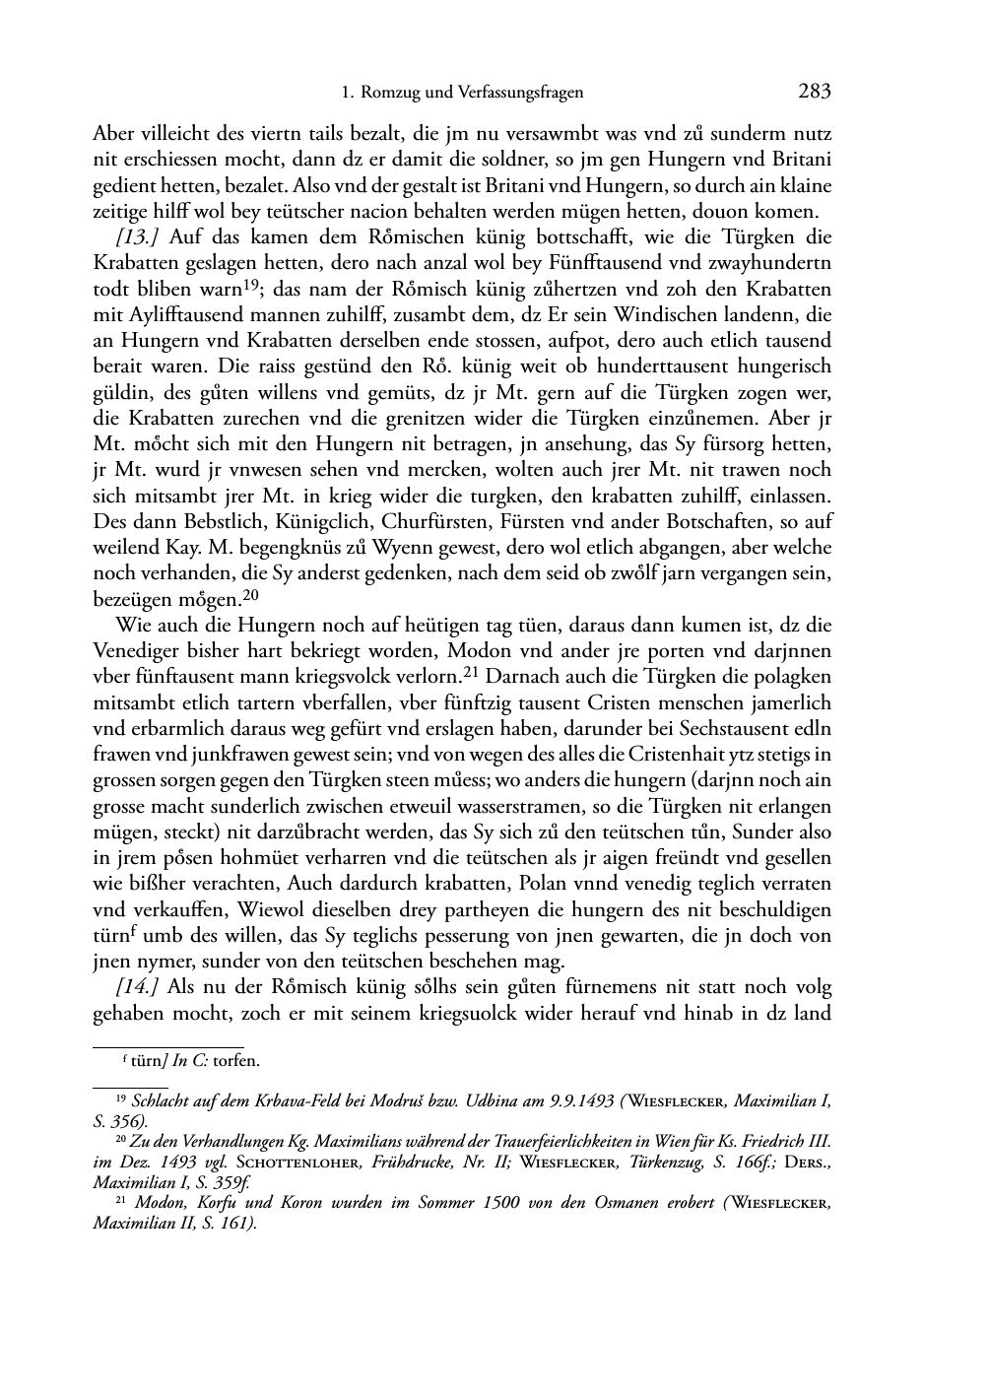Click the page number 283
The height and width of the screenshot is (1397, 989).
pyautogui.click(x=815, y=93)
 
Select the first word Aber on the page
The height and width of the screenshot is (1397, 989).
pyautogui.click(x=113, y=134)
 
